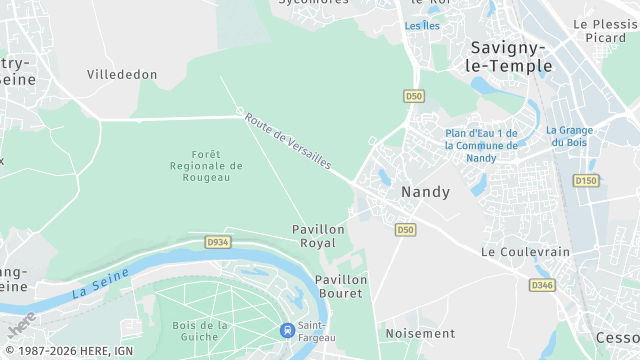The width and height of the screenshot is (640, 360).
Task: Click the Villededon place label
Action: [122, 75]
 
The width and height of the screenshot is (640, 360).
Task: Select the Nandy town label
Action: [425, 191]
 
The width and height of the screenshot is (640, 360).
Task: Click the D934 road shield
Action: [217, 242]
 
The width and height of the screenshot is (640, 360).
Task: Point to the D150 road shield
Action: [585, 180]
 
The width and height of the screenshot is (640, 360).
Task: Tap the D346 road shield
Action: [541, 285]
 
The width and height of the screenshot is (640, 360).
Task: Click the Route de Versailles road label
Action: [288, 140]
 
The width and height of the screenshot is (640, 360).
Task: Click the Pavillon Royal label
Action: [319, 236]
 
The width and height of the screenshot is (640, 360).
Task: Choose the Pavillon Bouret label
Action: [341, 286]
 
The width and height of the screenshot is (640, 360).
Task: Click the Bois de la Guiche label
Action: [200, 332]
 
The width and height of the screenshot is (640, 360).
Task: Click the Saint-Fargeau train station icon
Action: [287, 329]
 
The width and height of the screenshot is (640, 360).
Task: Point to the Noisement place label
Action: [420, 333]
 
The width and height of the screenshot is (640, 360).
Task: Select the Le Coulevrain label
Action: [525, 252]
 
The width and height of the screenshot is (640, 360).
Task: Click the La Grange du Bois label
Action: [570, 136]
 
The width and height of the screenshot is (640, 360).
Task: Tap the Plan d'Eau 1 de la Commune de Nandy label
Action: [481, 145]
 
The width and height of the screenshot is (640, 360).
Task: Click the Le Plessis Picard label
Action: [606, 30]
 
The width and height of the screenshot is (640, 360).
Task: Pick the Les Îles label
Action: [422, 26]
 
